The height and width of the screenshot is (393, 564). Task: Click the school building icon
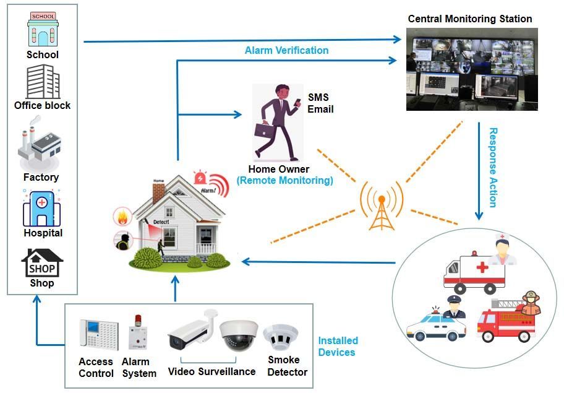(x=42, y=29)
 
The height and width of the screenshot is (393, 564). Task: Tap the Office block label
(x=43, y=105)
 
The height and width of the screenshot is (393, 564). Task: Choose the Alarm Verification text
(x=286, y=50)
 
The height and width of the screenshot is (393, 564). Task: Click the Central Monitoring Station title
(x=470, y=19)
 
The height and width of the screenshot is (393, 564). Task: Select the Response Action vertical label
(x=493, y=167)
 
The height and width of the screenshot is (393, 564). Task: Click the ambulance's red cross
(x=479, y=267)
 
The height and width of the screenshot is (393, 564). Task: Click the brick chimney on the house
(x=158, y=192)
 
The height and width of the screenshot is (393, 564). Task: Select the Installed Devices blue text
(x=338, y=347)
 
